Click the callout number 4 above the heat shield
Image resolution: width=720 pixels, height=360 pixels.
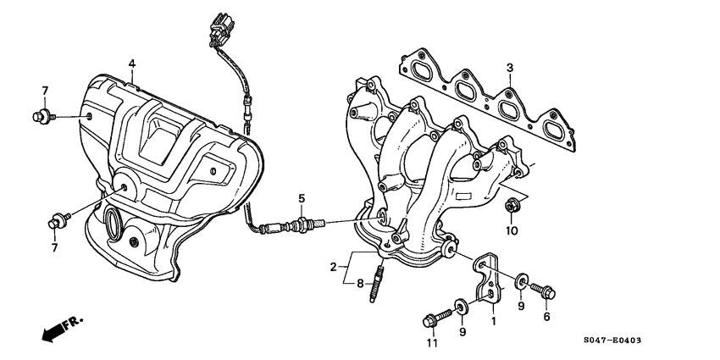click(132, 64)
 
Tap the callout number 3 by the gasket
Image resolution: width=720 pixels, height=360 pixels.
click(510, 68)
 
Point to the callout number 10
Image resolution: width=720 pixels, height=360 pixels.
click(512, 230)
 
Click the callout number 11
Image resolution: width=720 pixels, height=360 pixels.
click(432, 343)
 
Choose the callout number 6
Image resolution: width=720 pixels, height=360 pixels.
click(546, 317)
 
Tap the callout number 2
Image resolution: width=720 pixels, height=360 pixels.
click(334, 267)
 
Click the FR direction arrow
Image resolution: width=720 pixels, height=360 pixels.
click(55, 330)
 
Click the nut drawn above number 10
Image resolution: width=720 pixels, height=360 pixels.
click(512, 204)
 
